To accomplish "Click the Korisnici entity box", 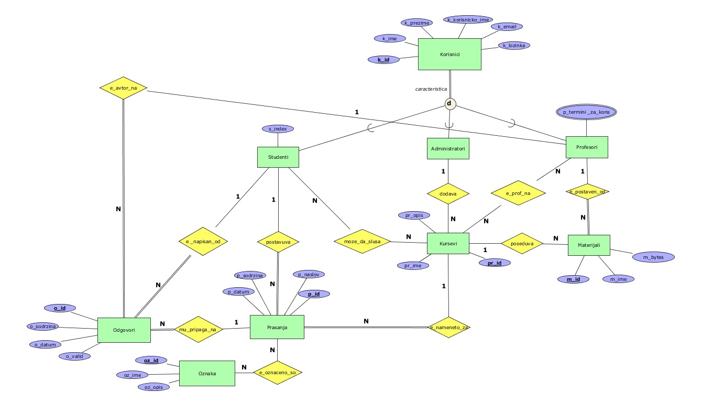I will coord(449,54).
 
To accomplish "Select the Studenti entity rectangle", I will coord(278,157).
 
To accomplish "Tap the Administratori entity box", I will coord(447,148).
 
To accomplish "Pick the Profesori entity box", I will coord(587,147).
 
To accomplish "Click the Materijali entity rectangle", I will coord(589,245).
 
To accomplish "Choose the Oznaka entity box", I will coord(207,373).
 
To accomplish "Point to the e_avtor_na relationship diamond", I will coord(123,88).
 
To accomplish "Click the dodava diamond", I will coord(447,193).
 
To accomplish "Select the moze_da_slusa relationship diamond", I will coord(363,241).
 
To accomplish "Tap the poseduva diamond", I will coord(521,243).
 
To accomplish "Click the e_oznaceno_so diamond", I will coord(278,373).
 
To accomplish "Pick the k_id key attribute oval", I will coord(383,60).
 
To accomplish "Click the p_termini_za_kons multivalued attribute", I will coord(586,112).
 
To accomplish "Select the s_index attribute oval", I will coord(278,128).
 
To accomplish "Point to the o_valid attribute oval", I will coord(74,356).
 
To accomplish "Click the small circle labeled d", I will coord(449,103).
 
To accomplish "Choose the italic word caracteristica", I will coord(431,89).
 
